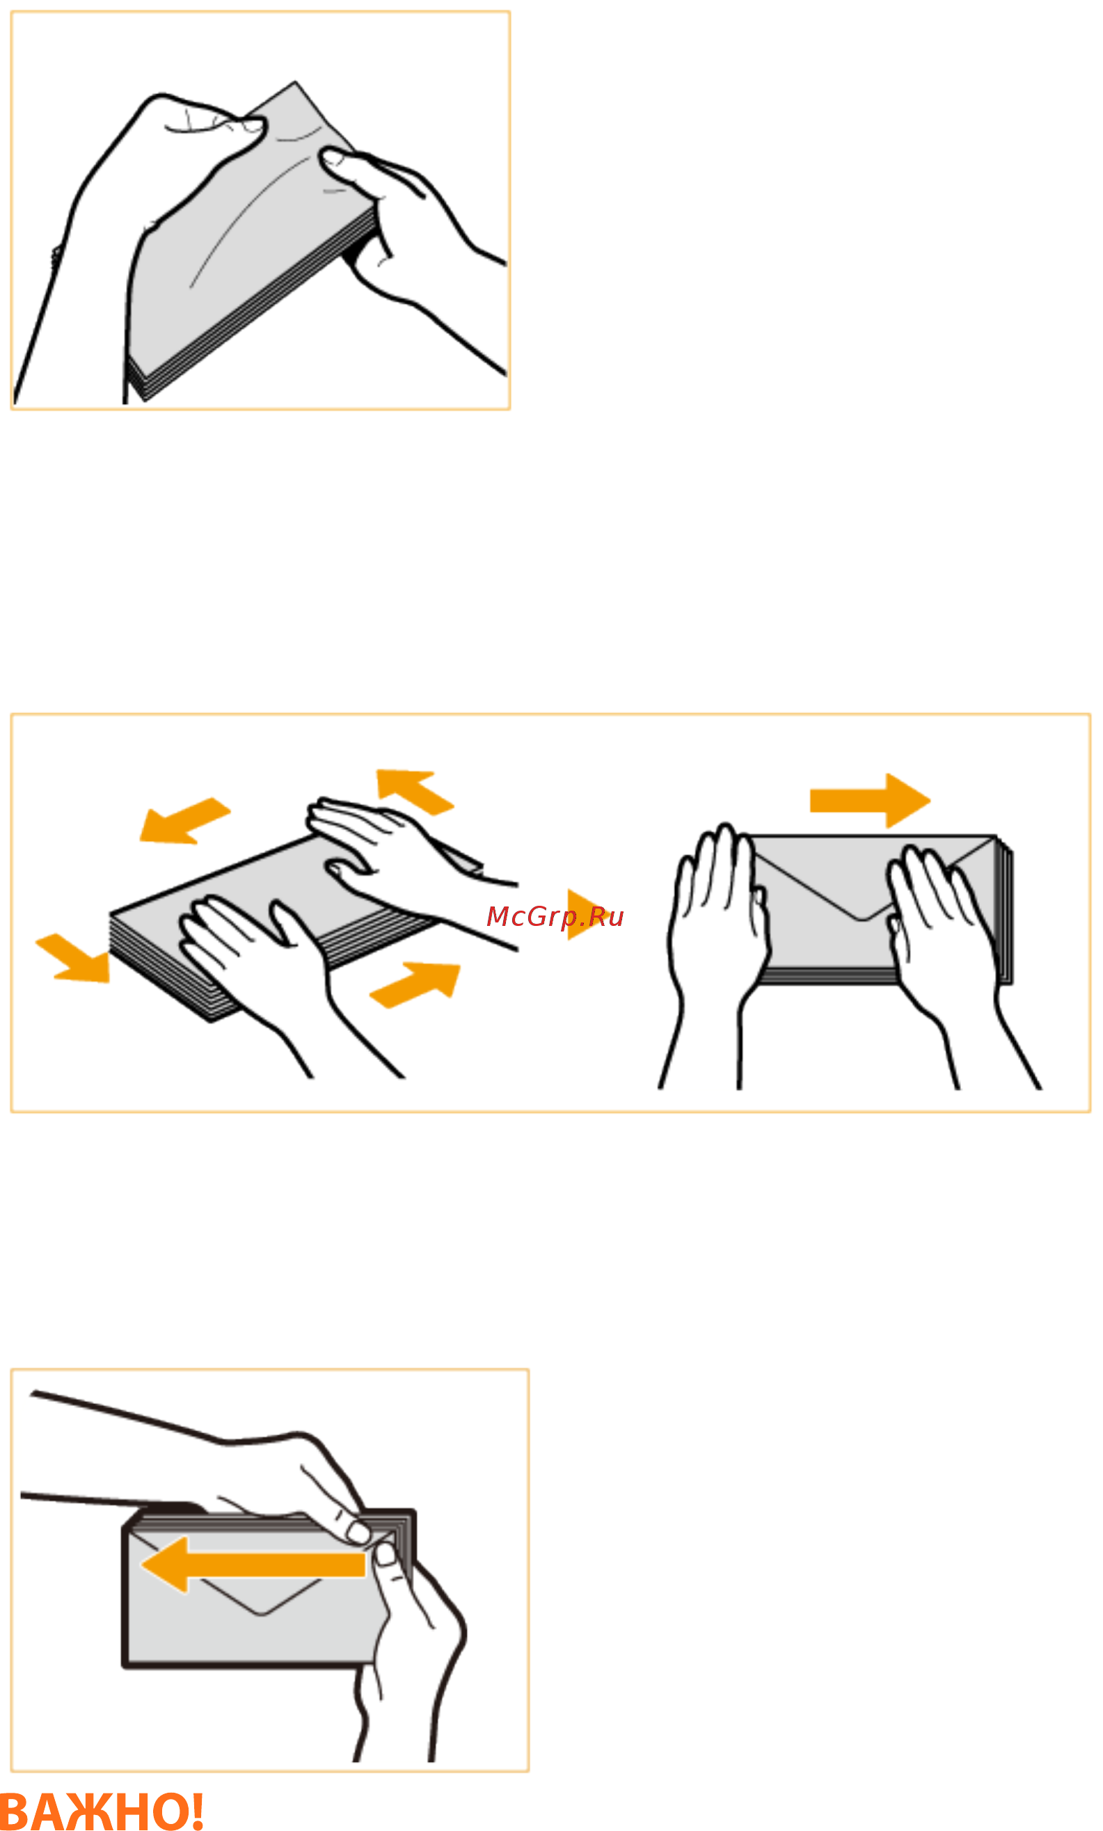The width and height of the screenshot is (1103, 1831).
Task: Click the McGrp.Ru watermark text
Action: [x=555, y=917]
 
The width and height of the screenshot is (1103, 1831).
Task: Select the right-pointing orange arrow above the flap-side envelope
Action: [x=870, y=800]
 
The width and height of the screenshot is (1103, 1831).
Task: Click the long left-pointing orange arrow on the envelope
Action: [x=253, y=1565]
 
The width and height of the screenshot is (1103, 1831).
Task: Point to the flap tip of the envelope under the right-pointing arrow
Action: [x=862, y=920]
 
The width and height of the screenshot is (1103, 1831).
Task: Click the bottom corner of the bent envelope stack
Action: [x=143, y=399]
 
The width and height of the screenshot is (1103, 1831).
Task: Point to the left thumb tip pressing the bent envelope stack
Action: [x=253, y=123]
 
